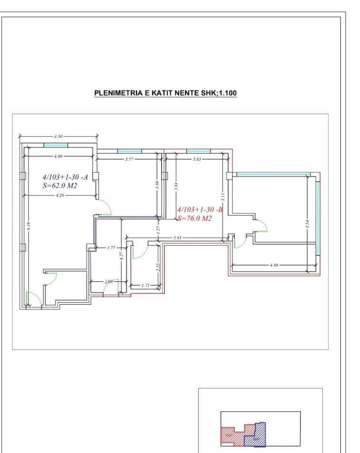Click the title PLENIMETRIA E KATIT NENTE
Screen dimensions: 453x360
(165, 92)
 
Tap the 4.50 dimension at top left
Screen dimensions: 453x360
(58, 136)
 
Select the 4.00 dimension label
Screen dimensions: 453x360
(58, 155)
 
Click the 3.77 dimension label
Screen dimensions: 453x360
(129, 159)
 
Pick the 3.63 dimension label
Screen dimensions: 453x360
(196, 159)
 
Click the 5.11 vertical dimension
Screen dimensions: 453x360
(223, 196)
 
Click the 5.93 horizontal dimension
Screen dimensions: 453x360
(176, 237)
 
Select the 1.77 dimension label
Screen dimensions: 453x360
(111, 247)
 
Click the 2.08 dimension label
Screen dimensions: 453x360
(109, 282)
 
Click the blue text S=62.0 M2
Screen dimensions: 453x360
(60, 186)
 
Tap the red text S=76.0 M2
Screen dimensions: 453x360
(194, 218)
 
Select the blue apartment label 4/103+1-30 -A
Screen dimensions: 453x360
(65, 177)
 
